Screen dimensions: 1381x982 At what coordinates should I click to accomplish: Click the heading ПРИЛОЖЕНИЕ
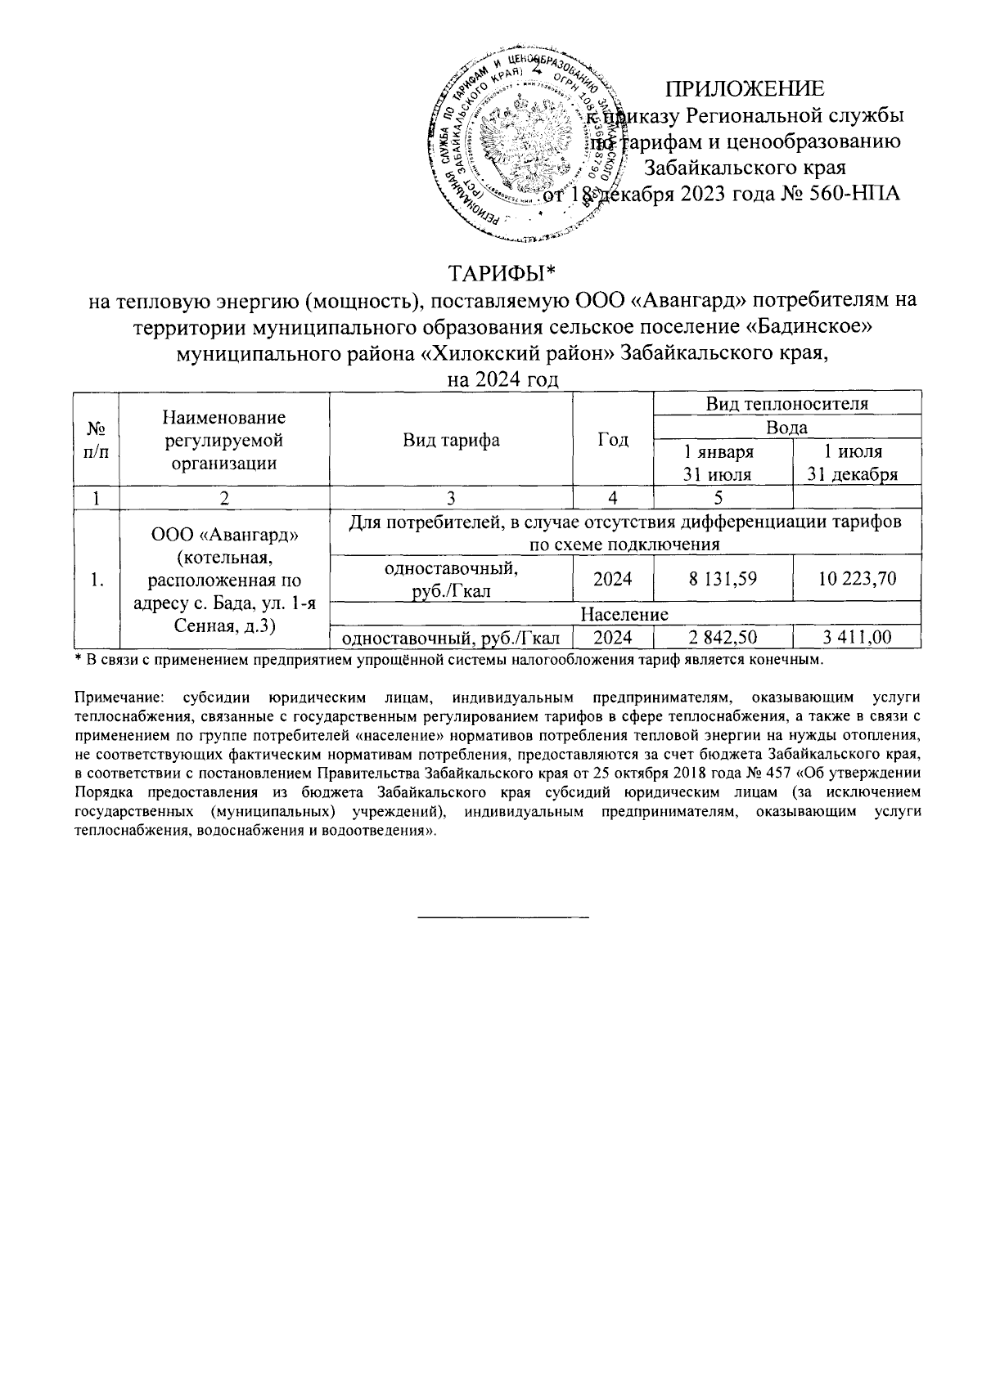point(744,88)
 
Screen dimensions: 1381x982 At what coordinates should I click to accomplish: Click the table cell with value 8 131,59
point(723,579)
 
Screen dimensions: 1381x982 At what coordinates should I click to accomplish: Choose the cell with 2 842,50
point(723,637)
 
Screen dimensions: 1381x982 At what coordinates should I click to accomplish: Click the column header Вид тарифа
point(451,440)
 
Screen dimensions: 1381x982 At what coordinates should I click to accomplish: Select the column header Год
point(613,440)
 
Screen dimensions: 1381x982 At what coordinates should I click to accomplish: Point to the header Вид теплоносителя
point(787,403)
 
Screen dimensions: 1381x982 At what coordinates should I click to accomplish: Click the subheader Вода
point(787,427)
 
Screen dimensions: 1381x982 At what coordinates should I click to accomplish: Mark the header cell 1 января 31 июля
point(723,463)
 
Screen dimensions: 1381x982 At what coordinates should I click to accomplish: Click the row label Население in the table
point(624,614)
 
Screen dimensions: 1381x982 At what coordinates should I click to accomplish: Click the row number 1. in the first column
point(97,581)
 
